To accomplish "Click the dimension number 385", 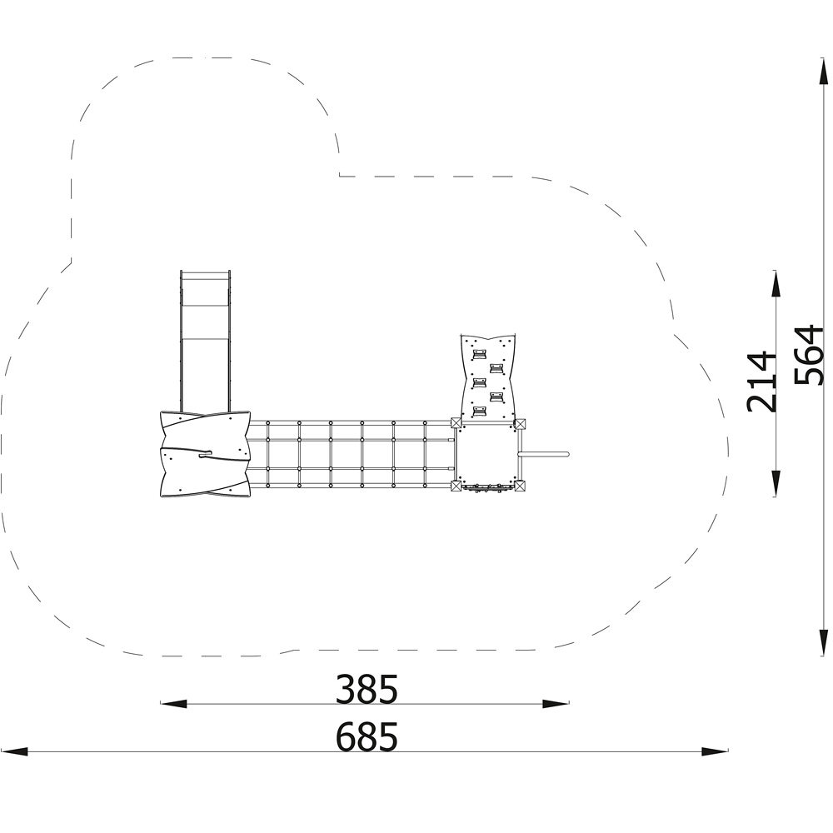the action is pos(366,689).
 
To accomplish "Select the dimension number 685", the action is pos(366,737).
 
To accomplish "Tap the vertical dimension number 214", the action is pos(761,381).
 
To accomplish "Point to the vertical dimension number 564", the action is pos(808,354).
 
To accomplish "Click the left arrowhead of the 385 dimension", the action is pos(174,704).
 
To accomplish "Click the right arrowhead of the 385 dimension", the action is pos(556,704).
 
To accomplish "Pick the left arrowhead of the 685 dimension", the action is pos(14,751).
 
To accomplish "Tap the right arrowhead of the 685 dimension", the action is pos(715,751).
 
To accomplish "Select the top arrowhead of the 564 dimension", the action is pos(824,72).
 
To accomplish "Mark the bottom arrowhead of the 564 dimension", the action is pos(824,643).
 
